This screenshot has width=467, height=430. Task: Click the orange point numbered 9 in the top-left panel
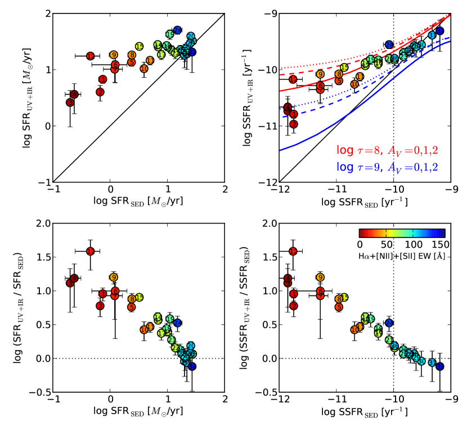[x=114, y=55]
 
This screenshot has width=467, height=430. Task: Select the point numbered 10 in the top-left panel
[x=143, y=69]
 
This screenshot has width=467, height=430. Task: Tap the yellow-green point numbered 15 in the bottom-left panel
[x=140, y=297]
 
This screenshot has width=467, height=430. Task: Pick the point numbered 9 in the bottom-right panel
[x=320, y=277]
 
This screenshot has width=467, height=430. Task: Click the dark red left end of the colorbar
[x=361, y=233]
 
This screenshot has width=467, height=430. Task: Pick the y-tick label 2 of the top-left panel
[x=48, y=14]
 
